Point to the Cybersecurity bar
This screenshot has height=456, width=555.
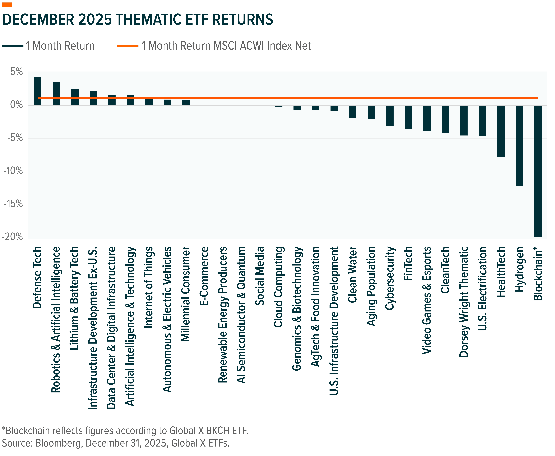click(x=390, y=116)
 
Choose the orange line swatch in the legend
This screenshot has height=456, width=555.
click(x=128, y=46)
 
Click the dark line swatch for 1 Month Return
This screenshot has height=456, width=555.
click(x=13, y=46)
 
